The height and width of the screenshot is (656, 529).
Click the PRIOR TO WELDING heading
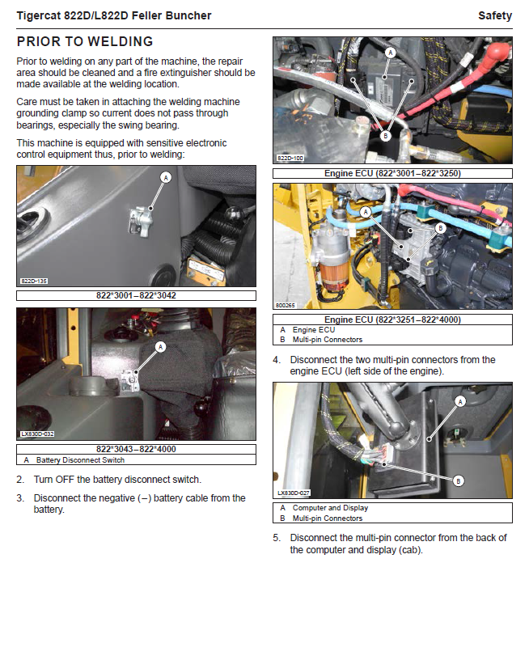click(85, 41)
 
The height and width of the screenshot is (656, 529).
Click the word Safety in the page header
click(495, 15)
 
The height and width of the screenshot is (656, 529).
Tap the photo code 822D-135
click(34, 281)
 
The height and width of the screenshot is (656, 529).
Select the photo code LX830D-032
click(37, 434)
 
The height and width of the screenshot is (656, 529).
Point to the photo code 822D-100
click(290, 159)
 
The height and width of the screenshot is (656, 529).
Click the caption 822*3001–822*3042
click(136, 296)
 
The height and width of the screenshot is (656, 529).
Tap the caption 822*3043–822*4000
click(136, 449)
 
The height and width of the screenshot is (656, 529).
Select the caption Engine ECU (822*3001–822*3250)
click(392, 173)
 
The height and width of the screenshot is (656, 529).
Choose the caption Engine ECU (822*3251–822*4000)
click(392, 320)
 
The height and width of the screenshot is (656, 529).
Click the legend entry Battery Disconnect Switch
click(80, 460)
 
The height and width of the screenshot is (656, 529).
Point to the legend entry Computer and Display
click(330, 508)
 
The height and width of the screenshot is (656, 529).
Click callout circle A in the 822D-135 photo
click(166, 176)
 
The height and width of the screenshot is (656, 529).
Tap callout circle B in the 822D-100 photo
click(386, 136)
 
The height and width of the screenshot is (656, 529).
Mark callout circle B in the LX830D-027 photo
click(459, 480)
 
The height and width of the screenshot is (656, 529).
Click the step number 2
click(20, 480)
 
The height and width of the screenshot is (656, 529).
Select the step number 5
click(276, 538)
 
